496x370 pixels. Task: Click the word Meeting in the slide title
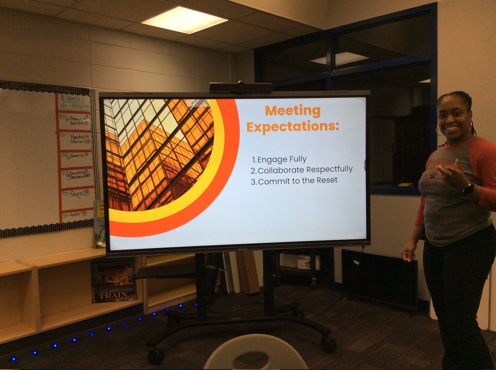coord(293,111)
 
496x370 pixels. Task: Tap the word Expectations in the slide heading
coord(292,127)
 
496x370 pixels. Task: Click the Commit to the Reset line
coord(294,180)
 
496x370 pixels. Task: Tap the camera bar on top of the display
coord(241,87)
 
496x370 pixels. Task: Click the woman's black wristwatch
coord(468,189)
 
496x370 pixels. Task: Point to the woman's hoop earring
coord(439,131)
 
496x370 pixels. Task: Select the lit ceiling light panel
coord(184,20)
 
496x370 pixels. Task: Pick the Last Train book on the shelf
coord(113,280)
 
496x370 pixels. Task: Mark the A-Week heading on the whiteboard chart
coord(74,99)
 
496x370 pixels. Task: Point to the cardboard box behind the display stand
coord(300,262)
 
